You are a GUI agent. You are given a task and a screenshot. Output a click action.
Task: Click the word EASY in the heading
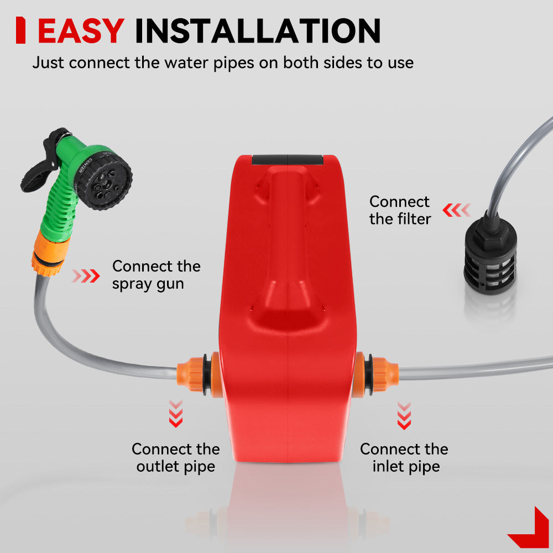81,31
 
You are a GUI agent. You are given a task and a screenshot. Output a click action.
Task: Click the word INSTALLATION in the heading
258,31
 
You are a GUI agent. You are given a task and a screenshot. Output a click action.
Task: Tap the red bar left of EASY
21,30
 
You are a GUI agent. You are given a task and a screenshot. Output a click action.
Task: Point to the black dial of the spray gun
105,179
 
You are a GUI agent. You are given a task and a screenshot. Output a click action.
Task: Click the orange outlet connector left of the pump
200,374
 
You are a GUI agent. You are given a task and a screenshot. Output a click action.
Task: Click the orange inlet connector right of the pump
375,374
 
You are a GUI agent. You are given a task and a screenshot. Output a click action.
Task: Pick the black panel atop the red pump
287,160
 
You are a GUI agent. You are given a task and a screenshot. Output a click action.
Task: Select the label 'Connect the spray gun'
156,275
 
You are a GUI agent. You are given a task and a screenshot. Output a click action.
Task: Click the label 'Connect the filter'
400,210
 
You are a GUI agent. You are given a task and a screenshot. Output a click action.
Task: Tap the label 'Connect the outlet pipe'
176,458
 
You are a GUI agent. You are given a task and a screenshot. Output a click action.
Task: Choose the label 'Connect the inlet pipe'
404,458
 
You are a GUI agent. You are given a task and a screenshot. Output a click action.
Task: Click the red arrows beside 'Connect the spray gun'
86,276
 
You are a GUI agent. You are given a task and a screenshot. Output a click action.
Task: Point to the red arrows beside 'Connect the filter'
457,210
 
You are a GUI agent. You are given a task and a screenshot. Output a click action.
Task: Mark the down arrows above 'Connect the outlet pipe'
176,413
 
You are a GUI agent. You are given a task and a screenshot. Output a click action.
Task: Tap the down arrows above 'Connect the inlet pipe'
404,415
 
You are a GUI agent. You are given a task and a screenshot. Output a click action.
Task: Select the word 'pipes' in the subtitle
234,64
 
